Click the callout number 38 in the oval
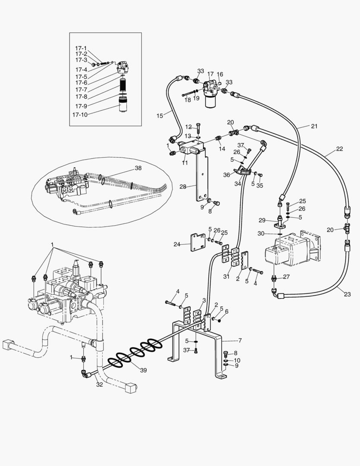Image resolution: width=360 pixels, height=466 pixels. pyautogui.click(x=138, y=168)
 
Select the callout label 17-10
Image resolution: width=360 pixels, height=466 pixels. pyautogui.click(x=81, y=115)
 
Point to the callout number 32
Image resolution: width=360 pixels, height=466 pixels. pyautogui.click(x=99, y=385)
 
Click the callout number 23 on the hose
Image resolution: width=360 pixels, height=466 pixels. pyautogui.click(x=347, y=295)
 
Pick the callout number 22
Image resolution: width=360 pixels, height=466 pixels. pyautogui.click(x=339, y=149)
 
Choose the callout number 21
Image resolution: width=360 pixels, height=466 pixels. pyautogui.click(x=314, y=126)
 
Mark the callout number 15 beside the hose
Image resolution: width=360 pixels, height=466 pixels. pyautogui.click(x=160, y=116)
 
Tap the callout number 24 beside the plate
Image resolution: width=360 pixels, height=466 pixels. pyautogui.click(x=177, y=244)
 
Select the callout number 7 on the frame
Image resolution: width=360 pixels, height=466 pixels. pyautogui.click(x=240, y=340)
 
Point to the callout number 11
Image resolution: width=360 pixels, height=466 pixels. pyautogui.click(x=185, y=163)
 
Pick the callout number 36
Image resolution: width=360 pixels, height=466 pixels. pyautogui.click(x=226, y=175)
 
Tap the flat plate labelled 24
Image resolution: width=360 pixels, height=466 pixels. pyautogui.click(x=198, y=242)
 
